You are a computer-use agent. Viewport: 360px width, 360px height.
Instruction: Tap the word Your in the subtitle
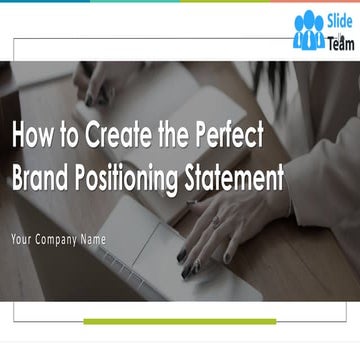click(x=21, y=239)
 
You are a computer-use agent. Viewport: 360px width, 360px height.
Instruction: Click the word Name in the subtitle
click(x=98, y=239)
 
